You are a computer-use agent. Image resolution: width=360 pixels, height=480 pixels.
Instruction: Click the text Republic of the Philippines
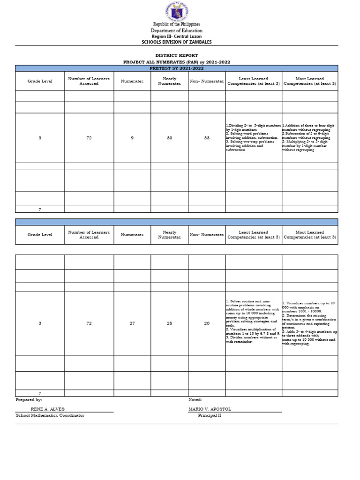point(176,24)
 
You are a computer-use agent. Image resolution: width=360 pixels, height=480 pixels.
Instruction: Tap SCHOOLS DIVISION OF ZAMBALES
point(176,42)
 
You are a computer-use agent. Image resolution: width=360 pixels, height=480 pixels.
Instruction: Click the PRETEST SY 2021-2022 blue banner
point(176,68)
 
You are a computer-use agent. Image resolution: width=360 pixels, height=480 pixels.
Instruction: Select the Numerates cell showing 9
point(132,137)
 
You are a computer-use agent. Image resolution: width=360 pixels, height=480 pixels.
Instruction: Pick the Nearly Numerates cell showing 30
point(169,137)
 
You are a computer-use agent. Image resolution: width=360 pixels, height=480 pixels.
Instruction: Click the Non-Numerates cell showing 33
point(207,137)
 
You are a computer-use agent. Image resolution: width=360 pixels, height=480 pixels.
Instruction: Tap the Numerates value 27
point(132,323)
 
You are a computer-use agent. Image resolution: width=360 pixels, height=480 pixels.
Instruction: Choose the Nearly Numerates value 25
point(169,323)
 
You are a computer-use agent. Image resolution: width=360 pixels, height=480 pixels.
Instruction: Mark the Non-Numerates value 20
point(207,323)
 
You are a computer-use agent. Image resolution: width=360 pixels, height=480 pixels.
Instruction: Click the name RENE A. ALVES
point(47,409)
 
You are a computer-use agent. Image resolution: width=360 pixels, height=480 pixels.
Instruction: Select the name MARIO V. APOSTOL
point(210,409)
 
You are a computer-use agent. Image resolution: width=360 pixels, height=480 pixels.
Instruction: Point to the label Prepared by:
point(29,400)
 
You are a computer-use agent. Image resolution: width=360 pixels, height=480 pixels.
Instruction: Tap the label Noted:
point(195,400)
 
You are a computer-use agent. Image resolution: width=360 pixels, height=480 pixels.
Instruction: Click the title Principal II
point(209,415)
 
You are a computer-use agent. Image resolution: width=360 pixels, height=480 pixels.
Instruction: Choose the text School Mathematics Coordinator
point(50,415)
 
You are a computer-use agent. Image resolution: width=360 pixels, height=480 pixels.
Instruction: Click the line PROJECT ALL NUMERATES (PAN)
point(176,62)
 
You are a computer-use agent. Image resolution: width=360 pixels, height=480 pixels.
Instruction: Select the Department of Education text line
point(176,30)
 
